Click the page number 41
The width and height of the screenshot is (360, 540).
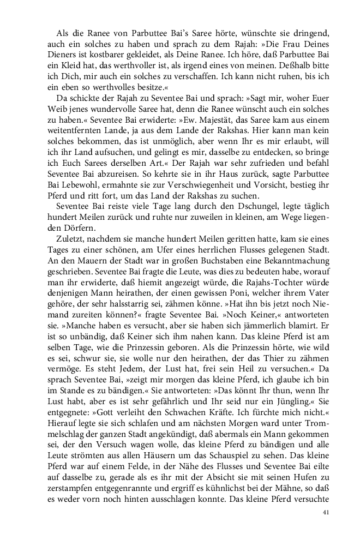tap(326, 512)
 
